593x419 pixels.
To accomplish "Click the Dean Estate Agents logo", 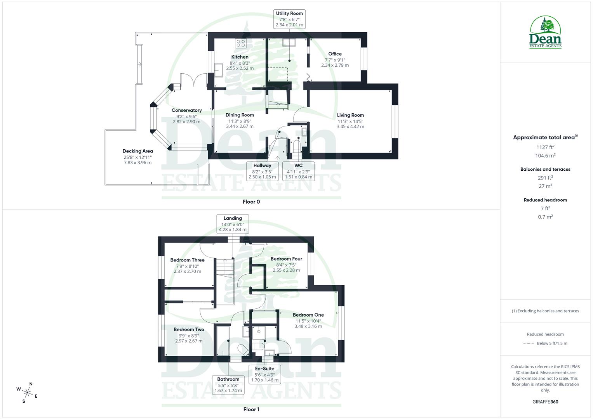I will point(545,32).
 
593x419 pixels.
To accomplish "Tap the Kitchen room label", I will point(240,57).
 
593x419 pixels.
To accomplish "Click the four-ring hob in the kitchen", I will point(240,43).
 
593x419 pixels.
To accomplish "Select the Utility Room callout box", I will point(289,19).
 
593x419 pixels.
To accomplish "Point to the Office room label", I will point(335,54).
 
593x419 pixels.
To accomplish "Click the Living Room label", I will point(350,115).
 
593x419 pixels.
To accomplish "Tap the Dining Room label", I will point(240,115).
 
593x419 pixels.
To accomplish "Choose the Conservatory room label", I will point(186,111).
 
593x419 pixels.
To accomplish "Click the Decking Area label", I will point(137,151).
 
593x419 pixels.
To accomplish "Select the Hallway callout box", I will point(262,171).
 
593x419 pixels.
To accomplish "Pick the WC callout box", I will point(298,171).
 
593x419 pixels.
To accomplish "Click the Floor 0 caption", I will point(251,202).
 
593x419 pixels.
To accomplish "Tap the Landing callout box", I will point(233,224).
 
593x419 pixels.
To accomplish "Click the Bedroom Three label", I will point(187,260).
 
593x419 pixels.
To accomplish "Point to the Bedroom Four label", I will point(286,259).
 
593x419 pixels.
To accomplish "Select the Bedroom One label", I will point(308,315).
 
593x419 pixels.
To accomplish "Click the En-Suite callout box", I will point(264,374).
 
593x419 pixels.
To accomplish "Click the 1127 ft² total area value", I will point(545,147).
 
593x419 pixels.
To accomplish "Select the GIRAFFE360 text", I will point(545,402).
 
